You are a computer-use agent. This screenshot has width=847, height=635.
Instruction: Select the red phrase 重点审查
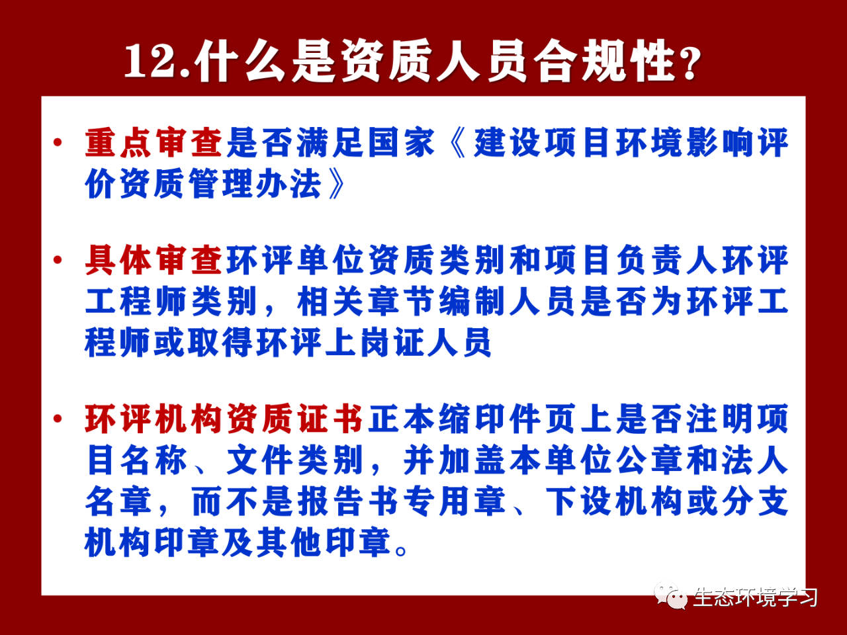[154, 143]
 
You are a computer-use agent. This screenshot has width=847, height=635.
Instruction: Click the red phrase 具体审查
[154, 260]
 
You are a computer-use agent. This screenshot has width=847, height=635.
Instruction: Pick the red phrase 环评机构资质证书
[224, 418]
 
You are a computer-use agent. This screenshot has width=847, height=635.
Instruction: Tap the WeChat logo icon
[670, 596]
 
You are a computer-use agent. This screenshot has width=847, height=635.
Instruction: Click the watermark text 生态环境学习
[755, 597]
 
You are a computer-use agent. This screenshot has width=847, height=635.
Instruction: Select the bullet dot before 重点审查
[58, 143]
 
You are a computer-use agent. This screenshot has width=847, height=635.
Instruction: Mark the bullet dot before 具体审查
[58, 260]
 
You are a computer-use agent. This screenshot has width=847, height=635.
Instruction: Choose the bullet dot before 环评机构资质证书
[58, 418]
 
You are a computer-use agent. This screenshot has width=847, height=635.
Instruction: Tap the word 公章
[650, 460]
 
